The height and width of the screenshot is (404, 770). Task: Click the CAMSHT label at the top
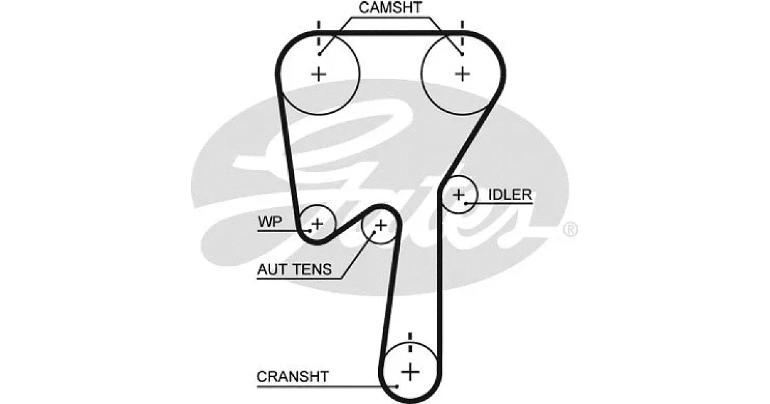coord(390,8)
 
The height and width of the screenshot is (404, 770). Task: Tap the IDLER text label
coord(510,195)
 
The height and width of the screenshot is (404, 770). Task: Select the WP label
coord(270,222)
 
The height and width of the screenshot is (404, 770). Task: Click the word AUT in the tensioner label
coord(271,269)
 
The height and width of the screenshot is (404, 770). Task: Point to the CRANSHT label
coord(293,377)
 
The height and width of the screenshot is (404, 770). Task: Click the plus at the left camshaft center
coord(319,74)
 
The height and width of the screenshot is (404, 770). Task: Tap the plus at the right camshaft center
coord(463,74)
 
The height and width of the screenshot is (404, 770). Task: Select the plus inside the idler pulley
coord(459,195)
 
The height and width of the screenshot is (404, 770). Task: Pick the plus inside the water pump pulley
coord(317,224)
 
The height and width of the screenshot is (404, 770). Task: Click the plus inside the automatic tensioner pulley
coord(381,225)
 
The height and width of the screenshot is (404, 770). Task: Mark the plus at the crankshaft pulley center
coord(410,373)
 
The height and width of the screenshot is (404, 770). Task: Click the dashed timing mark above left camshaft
coord(319,33)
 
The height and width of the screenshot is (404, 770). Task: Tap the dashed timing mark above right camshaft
coord(463,33)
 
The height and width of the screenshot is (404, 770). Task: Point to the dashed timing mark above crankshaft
coord(410,342)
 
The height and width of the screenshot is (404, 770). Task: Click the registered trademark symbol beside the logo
coord(570,230)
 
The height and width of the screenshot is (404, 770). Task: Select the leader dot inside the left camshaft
coord(320,54)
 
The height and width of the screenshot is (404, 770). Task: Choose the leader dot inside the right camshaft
coord(462,54)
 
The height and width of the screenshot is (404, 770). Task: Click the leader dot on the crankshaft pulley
coord(397,387)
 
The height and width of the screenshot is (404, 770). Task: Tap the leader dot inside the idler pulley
coord(466,204)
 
